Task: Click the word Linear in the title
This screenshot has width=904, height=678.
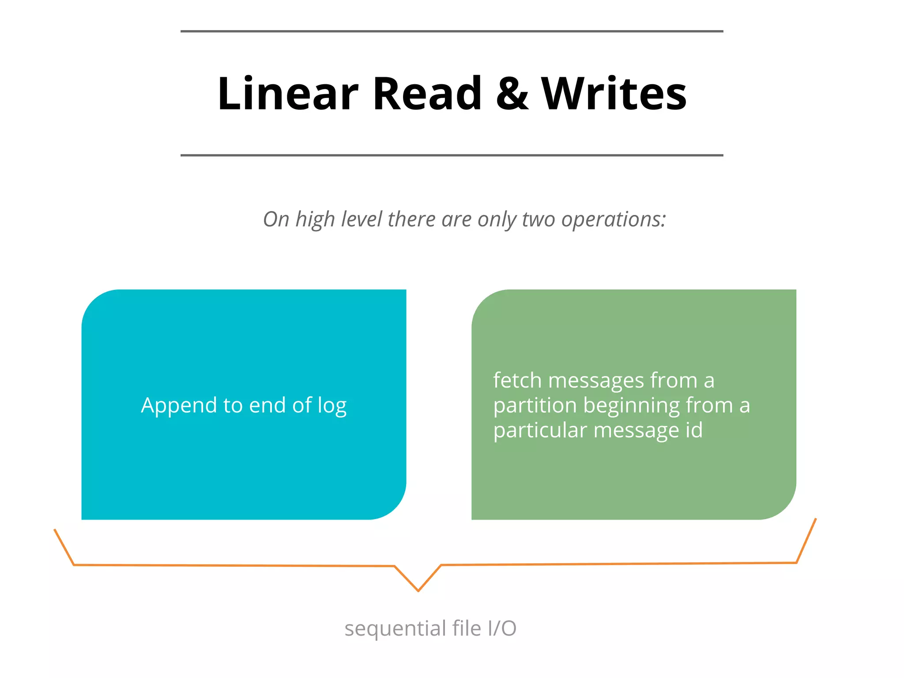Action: click(287, 94)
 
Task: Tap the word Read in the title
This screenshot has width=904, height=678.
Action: click(427, 94)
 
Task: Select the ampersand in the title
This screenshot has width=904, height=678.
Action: click(512, 94)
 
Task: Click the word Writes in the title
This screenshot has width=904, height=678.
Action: click(614, 94)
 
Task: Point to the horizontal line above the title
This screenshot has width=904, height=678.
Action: click(452, 31)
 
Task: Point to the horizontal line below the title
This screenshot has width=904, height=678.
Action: click(452, 155)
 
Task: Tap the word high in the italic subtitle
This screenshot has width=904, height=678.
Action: click(315, 219)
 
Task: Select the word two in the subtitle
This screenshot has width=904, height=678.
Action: click(538, 219)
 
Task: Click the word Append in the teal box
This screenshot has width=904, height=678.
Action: click(179, 405)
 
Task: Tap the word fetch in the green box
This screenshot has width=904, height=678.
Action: click(517, 380)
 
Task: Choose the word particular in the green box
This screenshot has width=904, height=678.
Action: click(540, 430)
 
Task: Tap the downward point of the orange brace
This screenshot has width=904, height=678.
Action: click(418, 590)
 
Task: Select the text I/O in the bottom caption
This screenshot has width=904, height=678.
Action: click(502, 628)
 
